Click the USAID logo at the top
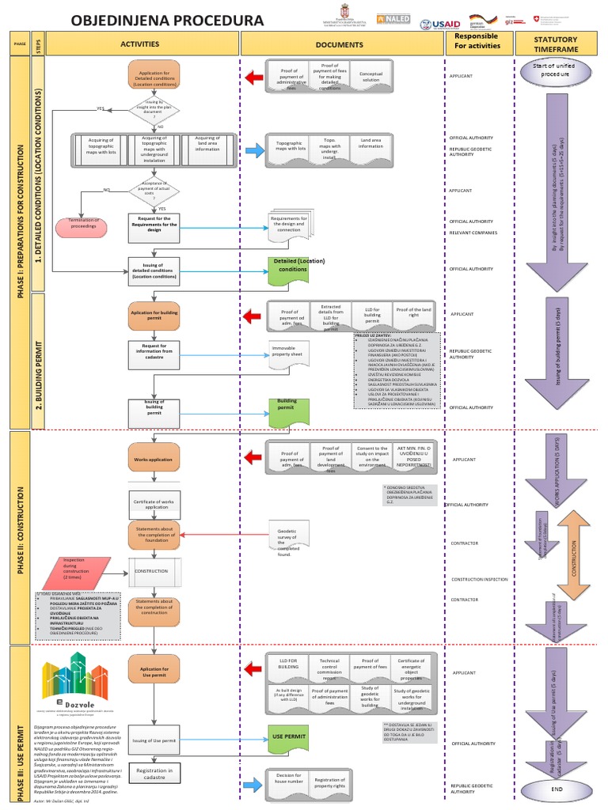coord(441,22)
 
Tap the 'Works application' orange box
coord(154,459)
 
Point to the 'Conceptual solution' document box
coord(370,77)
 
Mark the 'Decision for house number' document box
coord(288,780)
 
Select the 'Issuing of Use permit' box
coord(154,740)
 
